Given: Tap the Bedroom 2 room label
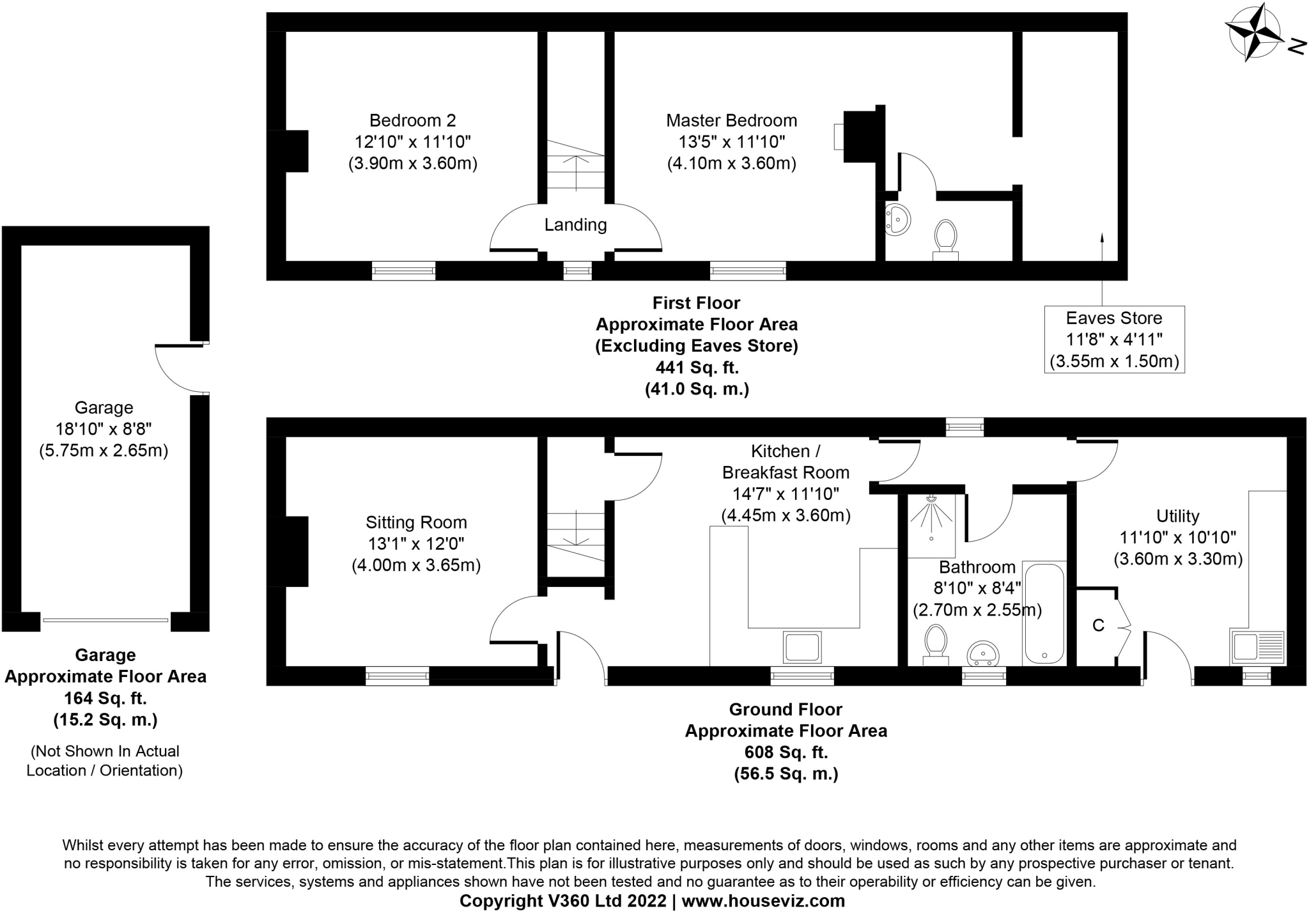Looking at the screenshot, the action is tap(412, 120).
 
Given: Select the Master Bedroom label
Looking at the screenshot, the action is tap(731, 120).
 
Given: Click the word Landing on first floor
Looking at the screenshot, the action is tap(575, 224).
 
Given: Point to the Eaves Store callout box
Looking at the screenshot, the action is tap(1113, 339).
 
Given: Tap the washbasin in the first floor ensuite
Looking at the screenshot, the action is tap(897, 219).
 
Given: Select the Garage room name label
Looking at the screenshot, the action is tap(104, 407).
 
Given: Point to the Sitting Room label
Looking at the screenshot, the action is tap(416, 522).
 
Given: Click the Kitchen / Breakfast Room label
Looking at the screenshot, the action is tap(786, 462).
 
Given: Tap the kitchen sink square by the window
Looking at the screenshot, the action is tap(802, 647).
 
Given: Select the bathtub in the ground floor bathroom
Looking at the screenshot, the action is tap(1044, 613).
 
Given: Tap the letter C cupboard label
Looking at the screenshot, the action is tap(1098, 625).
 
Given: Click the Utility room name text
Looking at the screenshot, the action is tap(1177, 516).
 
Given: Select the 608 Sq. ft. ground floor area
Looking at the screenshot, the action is tap(786, 752).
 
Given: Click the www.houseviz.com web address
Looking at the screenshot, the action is tap(763, 901).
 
